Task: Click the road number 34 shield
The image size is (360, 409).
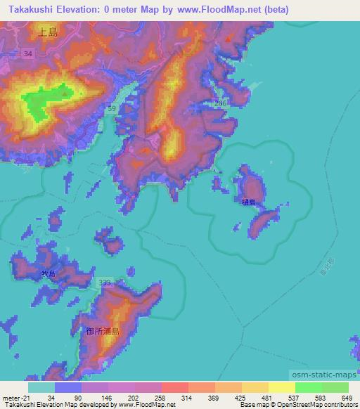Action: pyautogui.click(x=27, y=53)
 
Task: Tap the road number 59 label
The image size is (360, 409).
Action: pyautogui.click(x=112, y=108)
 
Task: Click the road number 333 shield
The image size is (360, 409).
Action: pyautogui.click(x=105, y=283)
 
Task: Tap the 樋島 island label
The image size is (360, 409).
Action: pyautogui.click(x=247, y=202)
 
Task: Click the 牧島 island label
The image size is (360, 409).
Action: pyautogui.click(x=48, y=273)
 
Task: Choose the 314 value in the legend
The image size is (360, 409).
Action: pyautogui.click(x=187, y=398)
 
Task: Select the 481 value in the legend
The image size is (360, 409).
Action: pyautogui.click(x=266, y=398)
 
